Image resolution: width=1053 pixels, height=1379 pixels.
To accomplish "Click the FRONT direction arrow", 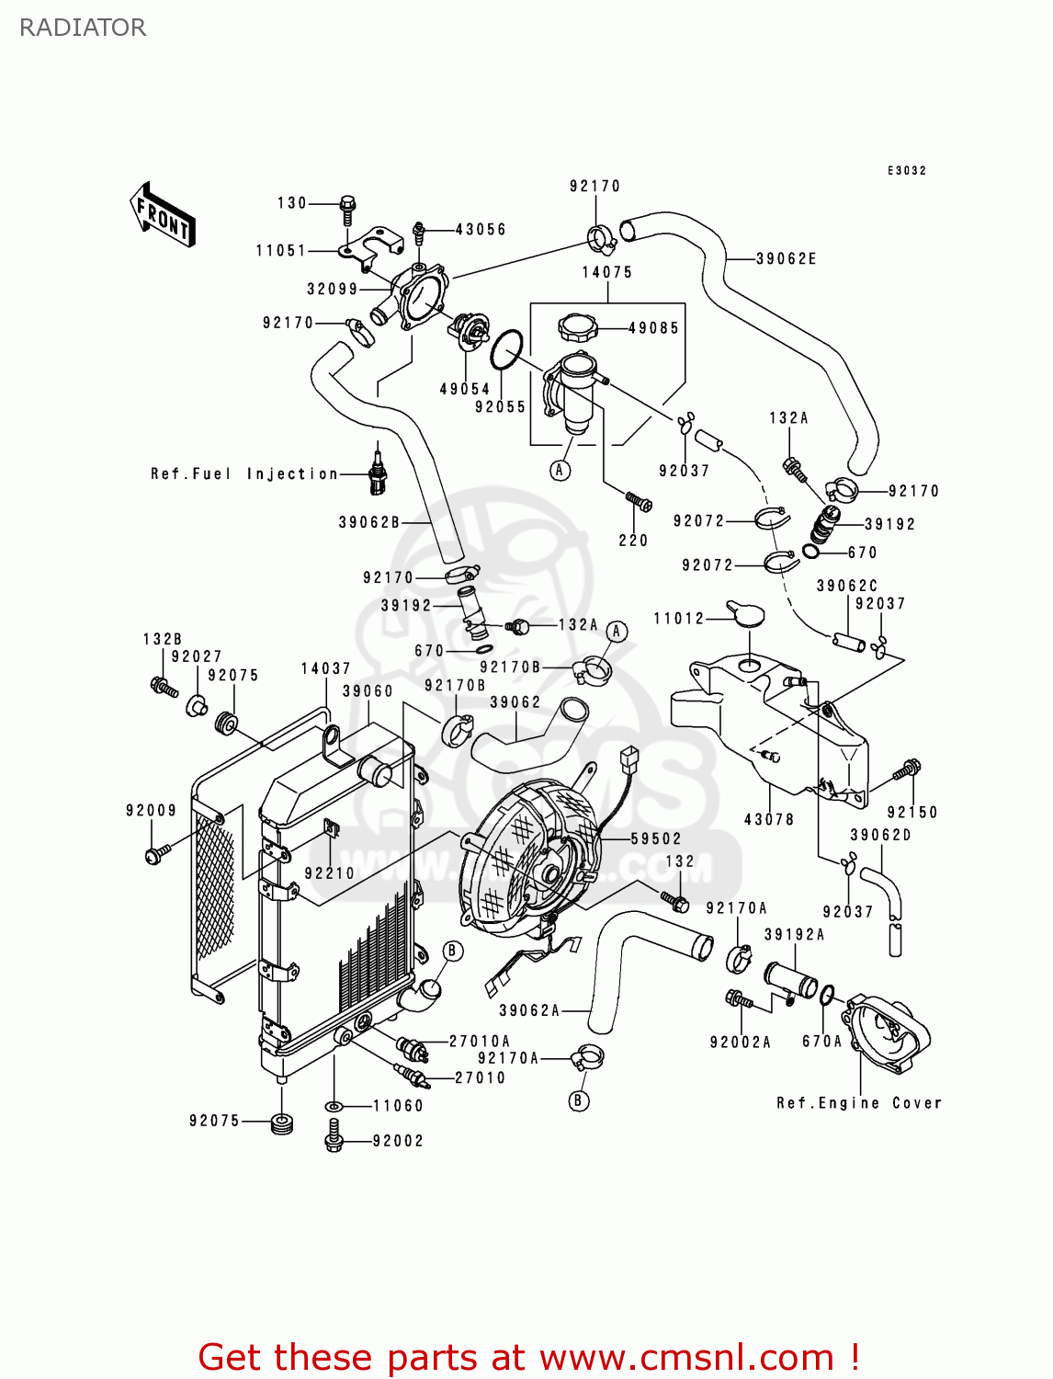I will point(163,215).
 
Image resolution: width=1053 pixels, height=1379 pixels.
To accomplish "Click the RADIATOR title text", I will point(83,28).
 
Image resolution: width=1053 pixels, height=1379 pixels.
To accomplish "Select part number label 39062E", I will point(786,259).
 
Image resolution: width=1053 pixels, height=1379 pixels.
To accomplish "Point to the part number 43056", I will point(481,230).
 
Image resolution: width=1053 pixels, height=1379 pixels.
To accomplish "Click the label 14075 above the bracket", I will point(607,272).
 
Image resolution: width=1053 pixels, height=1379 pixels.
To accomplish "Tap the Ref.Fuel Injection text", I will point(244,474).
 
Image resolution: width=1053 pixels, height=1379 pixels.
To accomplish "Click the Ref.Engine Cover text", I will point(859,1103).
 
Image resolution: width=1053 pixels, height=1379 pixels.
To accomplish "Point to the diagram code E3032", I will point(907,171).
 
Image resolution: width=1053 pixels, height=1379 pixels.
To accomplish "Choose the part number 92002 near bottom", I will point(398,1141).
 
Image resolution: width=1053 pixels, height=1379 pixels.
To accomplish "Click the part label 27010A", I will point(479,1042).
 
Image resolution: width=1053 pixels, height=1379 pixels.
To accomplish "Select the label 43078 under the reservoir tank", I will point(769,819).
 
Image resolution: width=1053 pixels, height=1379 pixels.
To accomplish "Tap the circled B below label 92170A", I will point(579,1100).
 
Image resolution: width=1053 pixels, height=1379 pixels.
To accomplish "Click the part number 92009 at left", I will point(151,810).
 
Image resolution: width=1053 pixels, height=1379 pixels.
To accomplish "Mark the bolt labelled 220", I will point(639,502).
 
